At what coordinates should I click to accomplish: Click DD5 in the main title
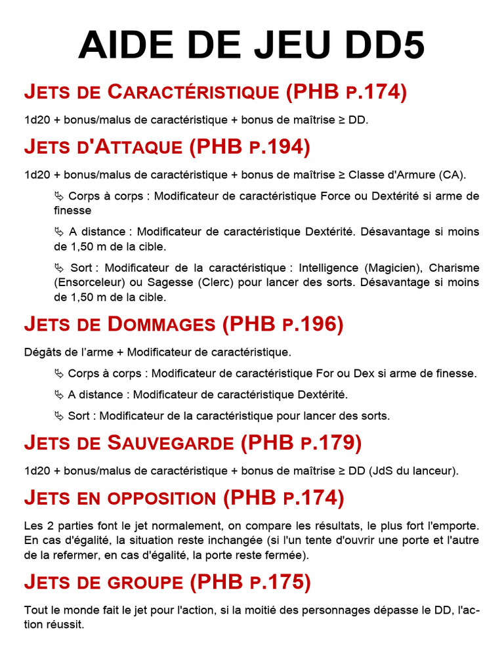pyautogui.click(x=383, y=46)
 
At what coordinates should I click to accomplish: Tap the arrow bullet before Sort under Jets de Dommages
pyautogui.click(x=59, y=415)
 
